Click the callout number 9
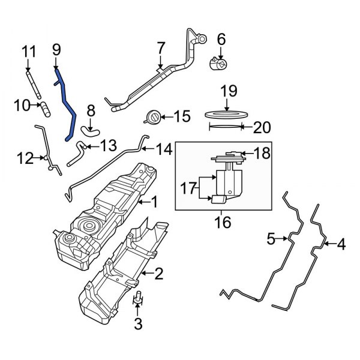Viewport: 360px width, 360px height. pyautogui.click(x=56, y=50)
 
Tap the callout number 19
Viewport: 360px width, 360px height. pyautogui.click(x=229, y=91)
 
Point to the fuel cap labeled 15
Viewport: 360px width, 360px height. pyautogui.click(x=154, y=117)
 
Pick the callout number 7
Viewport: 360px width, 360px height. pyautogui.click(x=160, y=47)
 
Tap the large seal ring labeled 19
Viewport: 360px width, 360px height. pyautogui.click(x=229, y=113)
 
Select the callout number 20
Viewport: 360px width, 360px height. pyautogui.click(x=262, y=127)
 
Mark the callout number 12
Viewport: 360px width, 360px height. pyautogui.click(x=24, y=158)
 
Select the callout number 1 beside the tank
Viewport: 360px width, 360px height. pyautogui.click(x=154, y=203)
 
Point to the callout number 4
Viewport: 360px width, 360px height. pyautogui.click(x=341, y=244)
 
